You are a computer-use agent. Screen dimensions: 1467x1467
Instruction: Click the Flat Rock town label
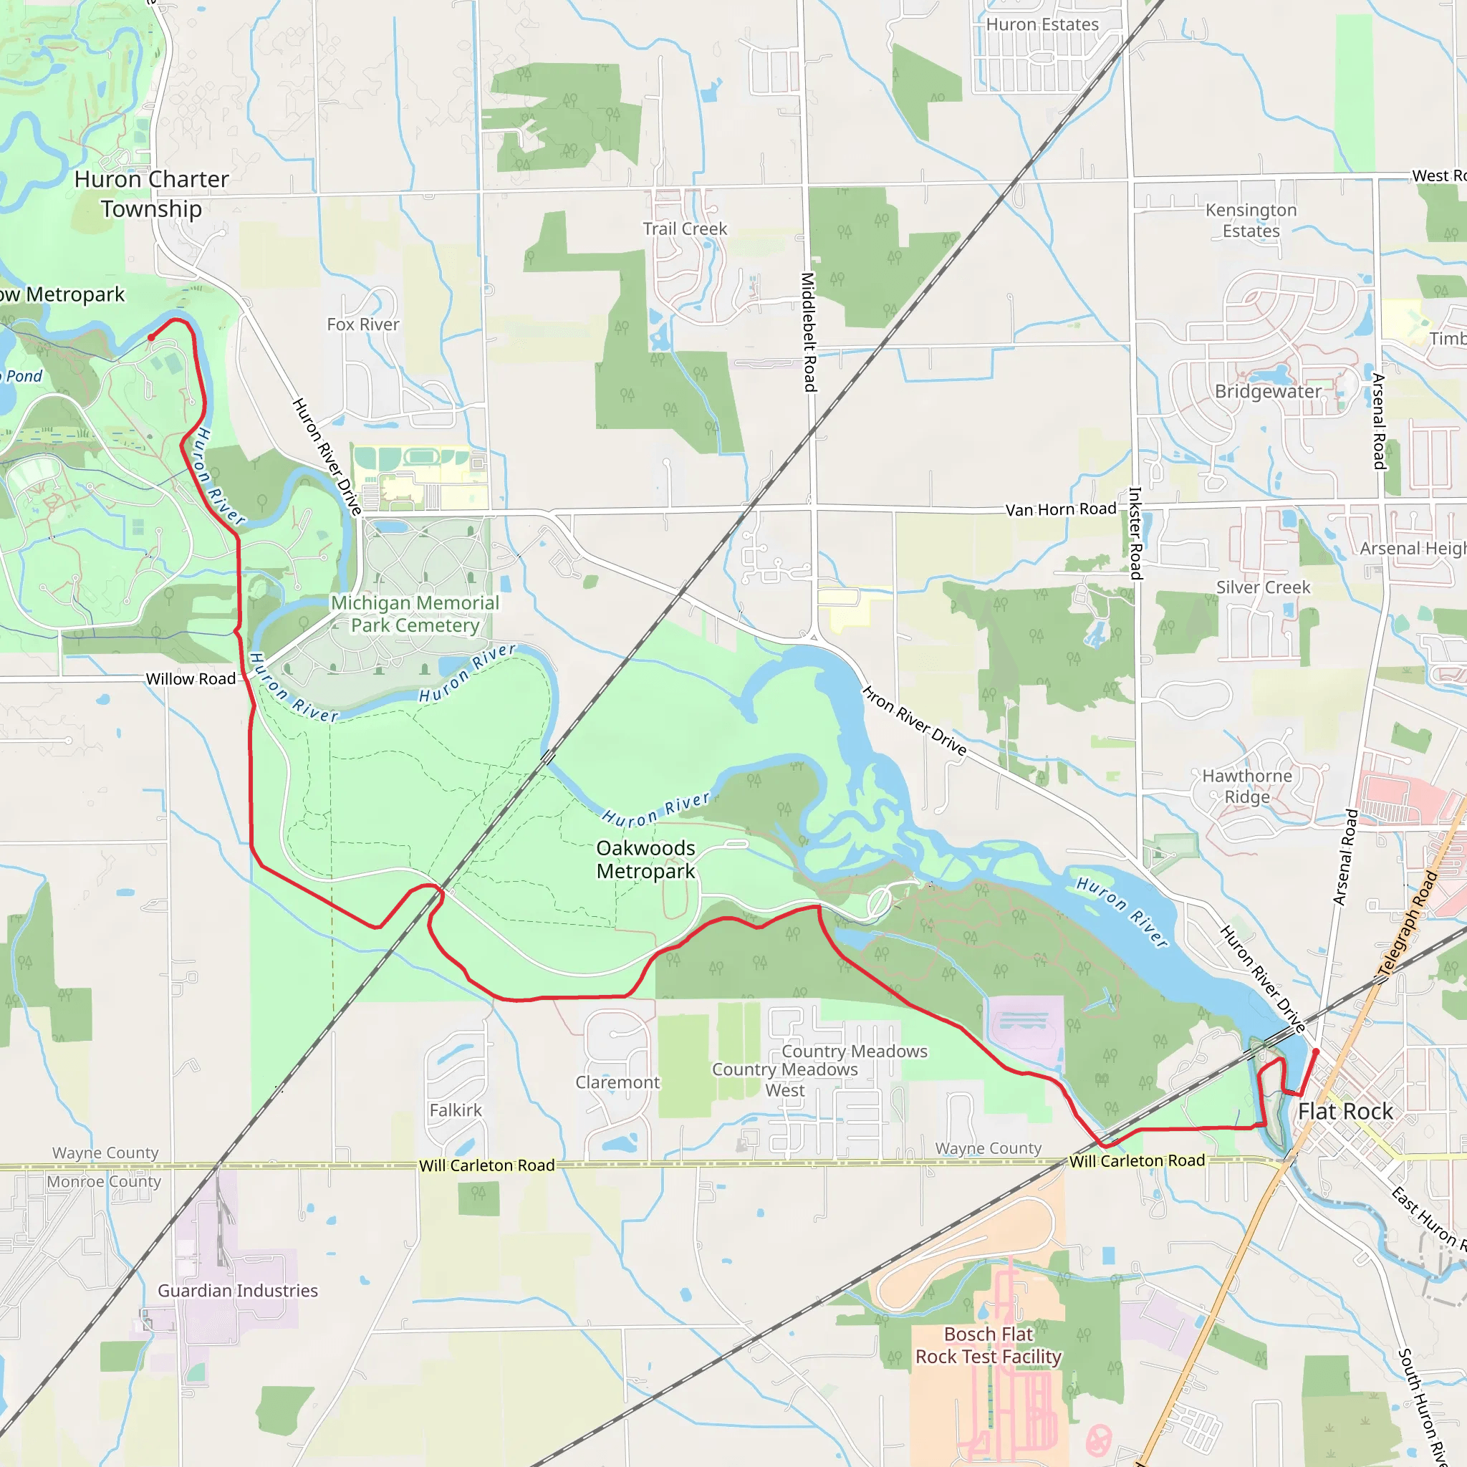pos(1345,1112)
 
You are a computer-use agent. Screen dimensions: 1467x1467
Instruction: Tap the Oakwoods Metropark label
pos(645,860)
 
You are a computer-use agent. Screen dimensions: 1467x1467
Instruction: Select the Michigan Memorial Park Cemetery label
pos(415,615)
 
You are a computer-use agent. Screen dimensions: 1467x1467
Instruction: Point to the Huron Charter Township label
pos(151,193)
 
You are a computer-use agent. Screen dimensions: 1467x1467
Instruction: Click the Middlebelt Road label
pos(809,332)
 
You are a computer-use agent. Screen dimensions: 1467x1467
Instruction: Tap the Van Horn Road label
pos(1061,509)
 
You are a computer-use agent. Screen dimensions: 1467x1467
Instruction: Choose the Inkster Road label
pos(1135,533)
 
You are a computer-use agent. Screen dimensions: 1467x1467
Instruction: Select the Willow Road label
pos(191,679)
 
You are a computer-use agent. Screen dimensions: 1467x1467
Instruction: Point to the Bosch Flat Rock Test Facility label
pos(988,1345)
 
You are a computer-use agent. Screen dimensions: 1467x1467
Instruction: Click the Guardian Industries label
pos(238,1291)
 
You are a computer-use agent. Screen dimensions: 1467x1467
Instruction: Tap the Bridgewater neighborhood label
pos(1268,392)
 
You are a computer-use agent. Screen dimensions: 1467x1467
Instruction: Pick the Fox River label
pos(363,324)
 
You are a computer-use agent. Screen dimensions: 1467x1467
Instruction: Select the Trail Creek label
pos(685,229)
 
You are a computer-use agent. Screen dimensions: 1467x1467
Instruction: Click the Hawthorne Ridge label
pos(1247,787)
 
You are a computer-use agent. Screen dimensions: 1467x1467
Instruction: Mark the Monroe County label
pos(104,1181)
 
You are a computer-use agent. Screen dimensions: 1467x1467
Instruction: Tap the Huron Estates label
pos(1042,24)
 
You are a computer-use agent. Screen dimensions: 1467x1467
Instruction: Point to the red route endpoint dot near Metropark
pos(151,337)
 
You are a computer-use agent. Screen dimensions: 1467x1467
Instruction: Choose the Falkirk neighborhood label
pos(456,1110)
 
